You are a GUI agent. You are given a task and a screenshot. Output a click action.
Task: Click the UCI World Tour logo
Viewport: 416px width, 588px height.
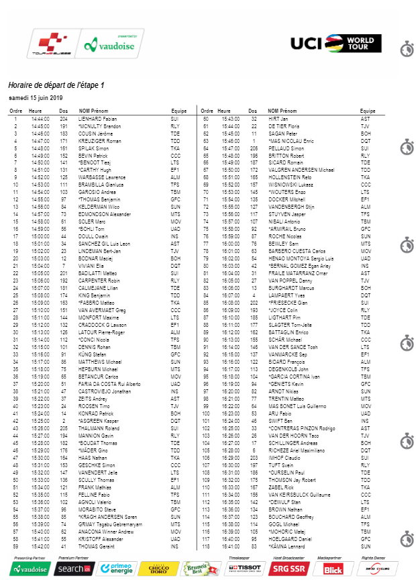pyautogui.click(x=333, y=44)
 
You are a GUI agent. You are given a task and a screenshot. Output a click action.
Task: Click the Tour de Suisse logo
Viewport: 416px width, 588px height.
pyautogui.click(x=50, y=44)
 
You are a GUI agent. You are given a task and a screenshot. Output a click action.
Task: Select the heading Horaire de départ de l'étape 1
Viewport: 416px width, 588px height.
pyautogui.click(x=56, y=85)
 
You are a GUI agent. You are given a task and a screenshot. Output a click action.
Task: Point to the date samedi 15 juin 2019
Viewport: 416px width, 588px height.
pyautogui.click(x=35, y=98)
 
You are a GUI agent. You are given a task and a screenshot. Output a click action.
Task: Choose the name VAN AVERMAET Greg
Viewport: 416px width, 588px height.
pyautogui.click(x=102, y=310)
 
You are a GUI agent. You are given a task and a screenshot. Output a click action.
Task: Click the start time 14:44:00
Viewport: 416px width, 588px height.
pyautogui.click(x=39, y=118)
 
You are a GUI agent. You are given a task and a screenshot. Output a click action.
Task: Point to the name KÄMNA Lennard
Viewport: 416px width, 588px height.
pyautogui.click(x=287, y=546)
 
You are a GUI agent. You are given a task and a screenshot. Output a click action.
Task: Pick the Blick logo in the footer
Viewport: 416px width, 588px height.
pyautogui.click(x=333, y=569)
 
